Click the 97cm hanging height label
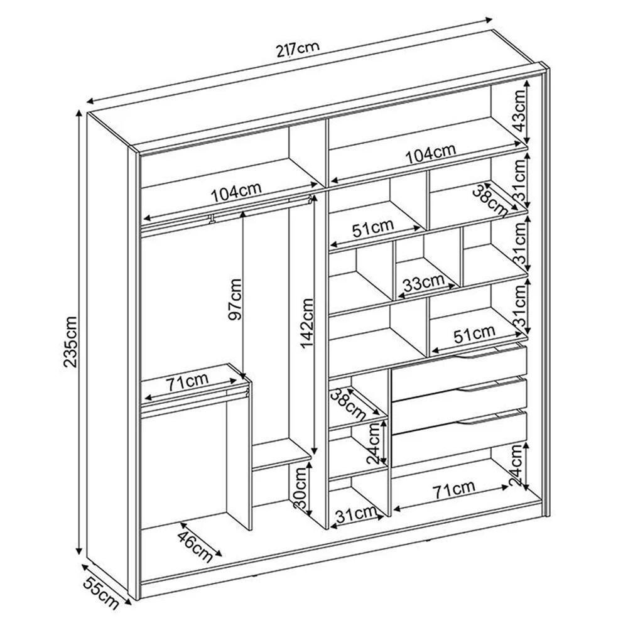(234, 300)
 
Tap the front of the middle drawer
(458, 401)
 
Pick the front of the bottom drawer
(458, 437)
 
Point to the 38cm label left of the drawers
(347, 405)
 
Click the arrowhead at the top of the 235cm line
(79, 114)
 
